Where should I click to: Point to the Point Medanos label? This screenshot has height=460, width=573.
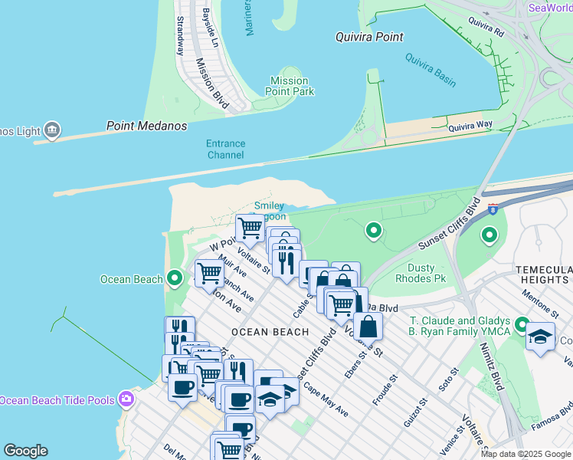146,126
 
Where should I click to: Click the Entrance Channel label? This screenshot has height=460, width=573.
225,149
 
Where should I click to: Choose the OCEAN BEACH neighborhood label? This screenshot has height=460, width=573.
270,332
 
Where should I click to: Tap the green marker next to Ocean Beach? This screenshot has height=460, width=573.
175,278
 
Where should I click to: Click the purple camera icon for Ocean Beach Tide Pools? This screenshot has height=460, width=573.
126,399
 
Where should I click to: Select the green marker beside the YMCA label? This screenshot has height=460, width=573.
522,326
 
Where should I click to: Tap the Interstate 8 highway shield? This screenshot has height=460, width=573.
490,208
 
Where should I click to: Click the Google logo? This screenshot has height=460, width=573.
25,451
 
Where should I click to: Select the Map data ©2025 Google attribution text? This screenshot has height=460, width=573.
525,454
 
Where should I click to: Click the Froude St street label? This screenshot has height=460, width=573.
386,391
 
